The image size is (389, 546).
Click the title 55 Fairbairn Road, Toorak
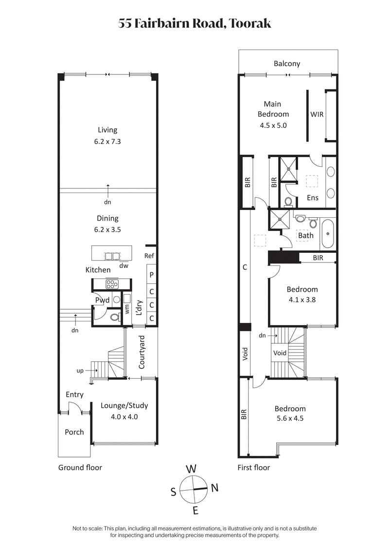click(194, 23)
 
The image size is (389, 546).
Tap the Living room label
click(107, 130)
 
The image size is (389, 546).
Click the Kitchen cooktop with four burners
click(112, 284)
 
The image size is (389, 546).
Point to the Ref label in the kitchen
click(149, 256)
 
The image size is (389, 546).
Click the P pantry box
click(152, 275)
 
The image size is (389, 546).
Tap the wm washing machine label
click(127, 308)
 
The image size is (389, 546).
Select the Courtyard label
click(142, 352)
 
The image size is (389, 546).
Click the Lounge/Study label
click(124, 405)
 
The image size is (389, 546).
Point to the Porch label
click(74, 432)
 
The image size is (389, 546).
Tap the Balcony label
click(287, 63)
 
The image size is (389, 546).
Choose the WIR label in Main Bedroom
click(317, 114)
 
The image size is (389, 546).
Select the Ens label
click(313, 198)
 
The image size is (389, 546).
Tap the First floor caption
click(253, 468)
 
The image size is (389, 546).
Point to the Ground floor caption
click(80, 468)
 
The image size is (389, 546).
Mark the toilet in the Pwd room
click(115, 317)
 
